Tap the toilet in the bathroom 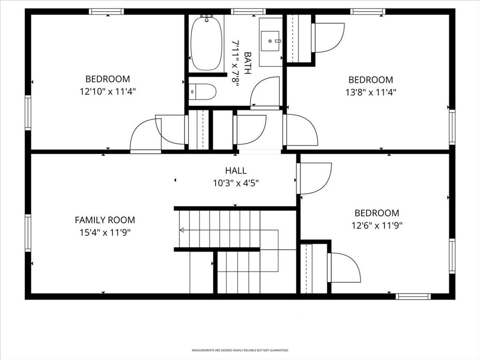coord(202,91)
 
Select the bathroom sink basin coord(270,41)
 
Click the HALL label coord(236,171)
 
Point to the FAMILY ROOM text coord(105,220)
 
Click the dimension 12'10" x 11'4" coord(108,91)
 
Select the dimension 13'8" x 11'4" coord(371,92)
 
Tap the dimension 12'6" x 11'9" coord(377,225)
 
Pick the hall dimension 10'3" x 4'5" coord(236,183)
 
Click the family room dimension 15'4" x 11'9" coord(105,232)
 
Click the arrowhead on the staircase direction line coord(181,230)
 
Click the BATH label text coord(247,63)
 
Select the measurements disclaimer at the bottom coord(240,350)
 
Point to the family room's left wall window coord(28,233)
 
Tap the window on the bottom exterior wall coord(413,296)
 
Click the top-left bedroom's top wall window coord(106,12)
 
